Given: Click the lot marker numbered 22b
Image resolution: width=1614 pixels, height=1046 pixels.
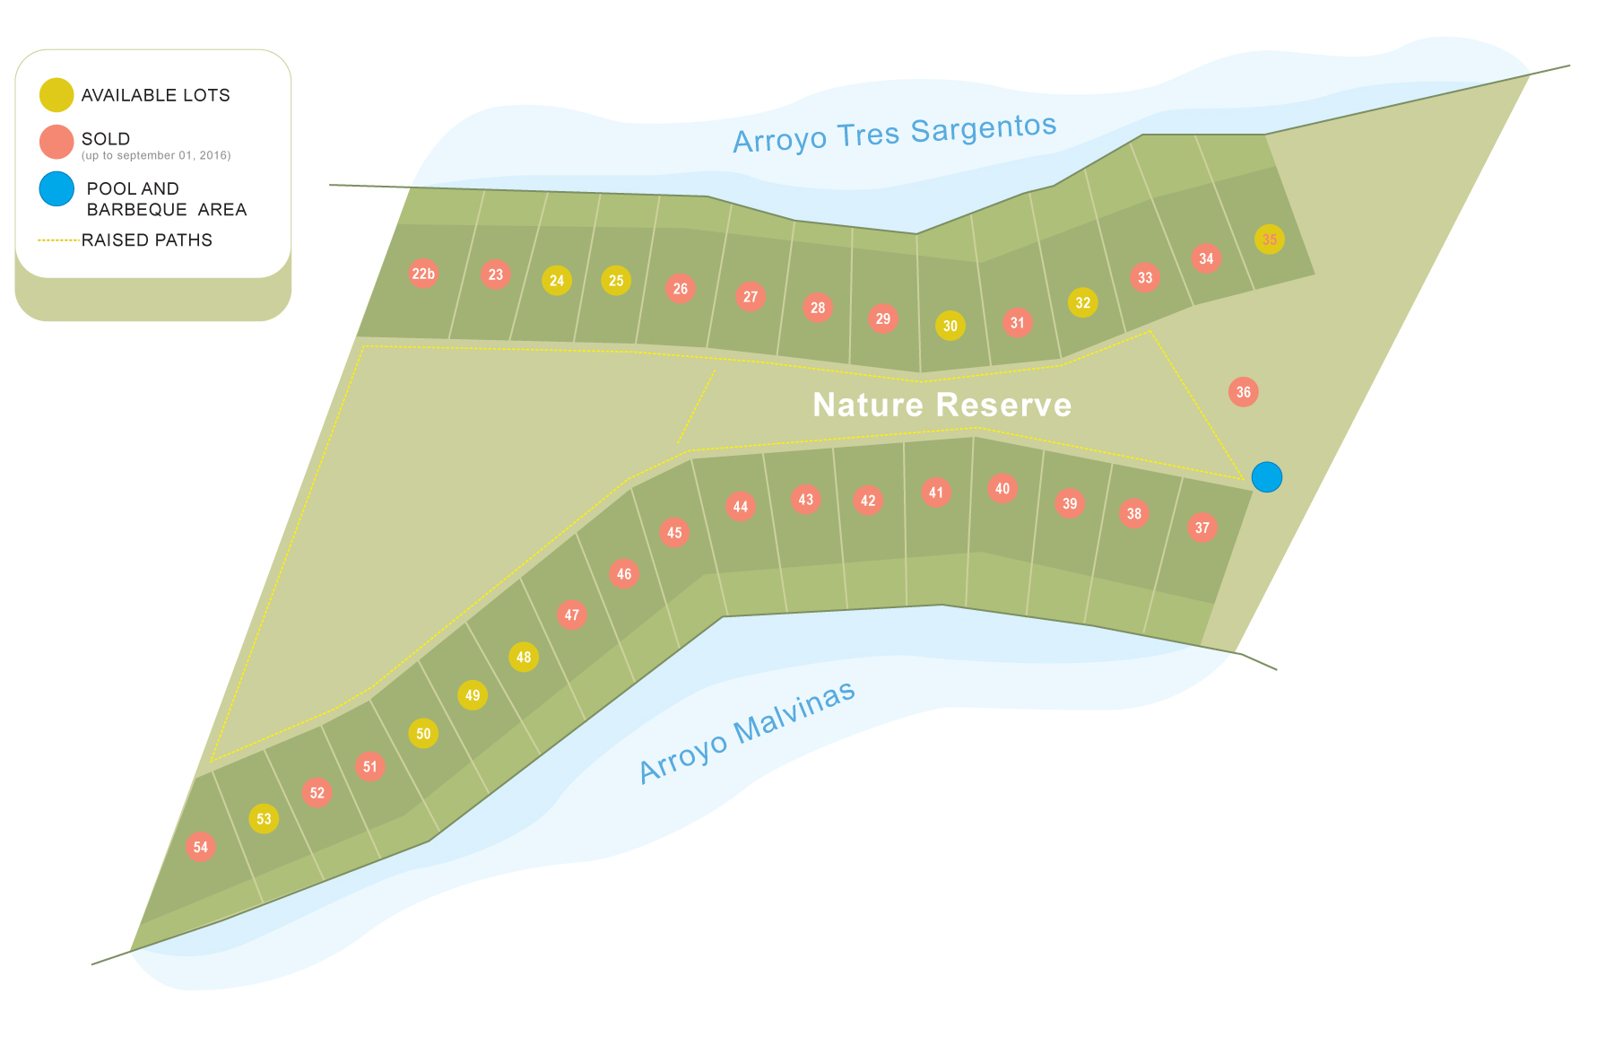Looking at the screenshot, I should pos(423,274).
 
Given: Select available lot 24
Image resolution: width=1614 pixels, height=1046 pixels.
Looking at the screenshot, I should pos(557,281).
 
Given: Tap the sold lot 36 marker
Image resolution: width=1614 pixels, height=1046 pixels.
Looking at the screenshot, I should pos(1243,392).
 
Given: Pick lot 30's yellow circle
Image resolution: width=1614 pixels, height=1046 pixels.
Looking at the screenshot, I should pos(950,326).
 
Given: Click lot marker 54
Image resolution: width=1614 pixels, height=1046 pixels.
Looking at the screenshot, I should pos(201,847).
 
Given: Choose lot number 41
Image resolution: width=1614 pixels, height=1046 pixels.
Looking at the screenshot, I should pos(936,492).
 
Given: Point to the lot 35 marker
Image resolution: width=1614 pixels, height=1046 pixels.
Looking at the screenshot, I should pos(1269,240).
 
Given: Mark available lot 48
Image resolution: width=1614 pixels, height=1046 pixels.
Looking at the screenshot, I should pos(524,657).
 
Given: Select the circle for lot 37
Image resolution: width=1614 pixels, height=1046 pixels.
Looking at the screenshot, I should pos(1202,527).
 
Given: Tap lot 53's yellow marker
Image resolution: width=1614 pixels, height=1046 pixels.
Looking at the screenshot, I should pos(264,818).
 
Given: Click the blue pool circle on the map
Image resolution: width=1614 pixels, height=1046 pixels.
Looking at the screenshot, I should pos(1266,477).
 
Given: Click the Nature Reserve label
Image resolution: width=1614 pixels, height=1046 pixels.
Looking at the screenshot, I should pos(941,405).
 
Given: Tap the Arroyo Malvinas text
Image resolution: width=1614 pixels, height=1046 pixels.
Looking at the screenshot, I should pos(747,732).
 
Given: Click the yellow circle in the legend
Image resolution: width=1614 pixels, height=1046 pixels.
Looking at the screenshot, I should pos(56,95).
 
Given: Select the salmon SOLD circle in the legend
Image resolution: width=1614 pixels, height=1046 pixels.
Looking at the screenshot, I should pos(56,142).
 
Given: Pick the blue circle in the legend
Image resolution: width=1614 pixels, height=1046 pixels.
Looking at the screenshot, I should pos(56,189).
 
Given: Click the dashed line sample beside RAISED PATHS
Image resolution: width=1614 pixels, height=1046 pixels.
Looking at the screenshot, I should pos(57,240).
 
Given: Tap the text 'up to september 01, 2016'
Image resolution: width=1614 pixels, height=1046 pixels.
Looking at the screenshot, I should pos(156,156).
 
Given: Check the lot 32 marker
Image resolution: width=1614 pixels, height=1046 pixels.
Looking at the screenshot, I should pos(1083,302).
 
